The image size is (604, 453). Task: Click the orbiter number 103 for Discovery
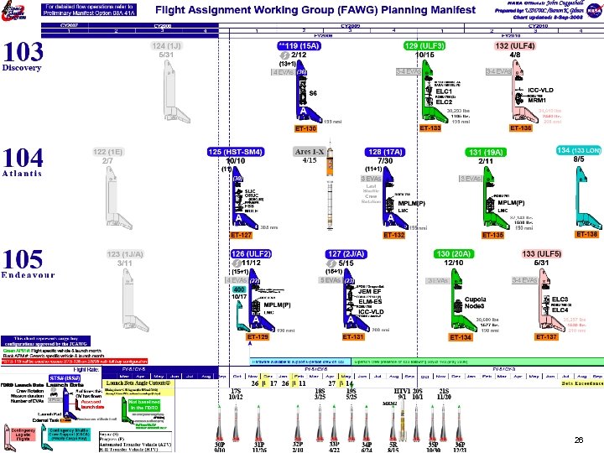[23, 53]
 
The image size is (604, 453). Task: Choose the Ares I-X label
[309, 152]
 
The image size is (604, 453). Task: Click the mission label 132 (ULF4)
[515, 45]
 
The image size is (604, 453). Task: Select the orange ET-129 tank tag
[258, 337]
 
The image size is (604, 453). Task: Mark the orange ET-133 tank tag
[430, 128]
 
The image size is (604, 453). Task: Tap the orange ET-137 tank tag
[546, 337]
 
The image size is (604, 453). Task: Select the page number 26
[578, 440]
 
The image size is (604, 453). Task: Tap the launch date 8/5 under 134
[579, 159]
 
